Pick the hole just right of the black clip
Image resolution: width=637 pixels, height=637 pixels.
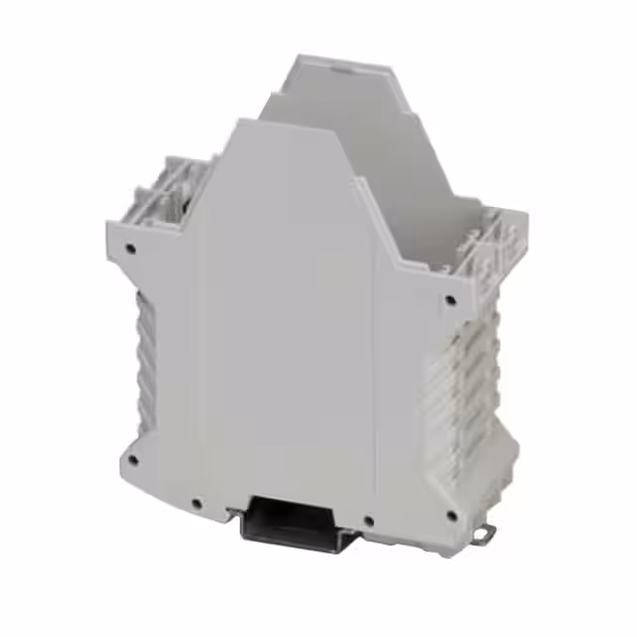tap(369, 519)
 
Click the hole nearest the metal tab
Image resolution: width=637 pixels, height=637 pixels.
tap(454, 515)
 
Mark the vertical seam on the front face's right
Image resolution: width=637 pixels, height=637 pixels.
tap(373, 378)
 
